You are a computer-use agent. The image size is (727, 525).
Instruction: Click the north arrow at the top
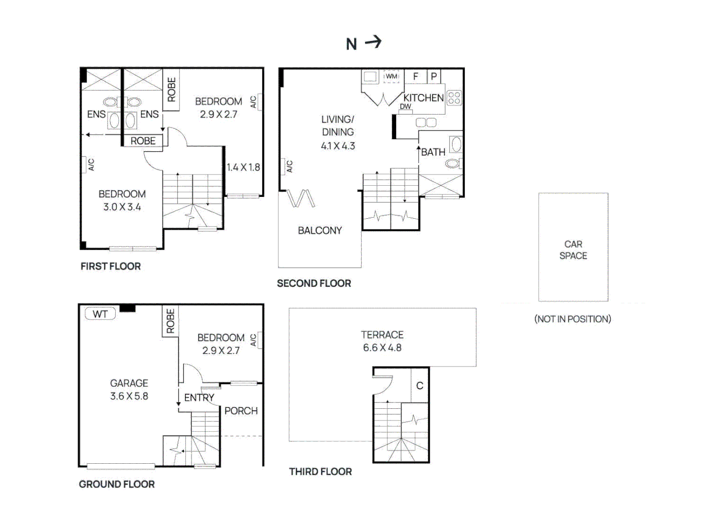coord(373,42)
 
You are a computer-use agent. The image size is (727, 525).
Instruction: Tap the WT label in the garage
coord(100,314)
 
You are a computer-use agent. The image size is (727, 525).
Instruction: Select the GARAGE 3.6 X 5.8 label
coord(129,390)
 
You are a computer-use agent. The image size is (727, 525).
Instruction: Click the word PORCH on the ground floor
coord(241,411)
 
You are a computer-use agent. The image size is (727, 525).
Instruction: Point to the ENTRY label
coord(199,398)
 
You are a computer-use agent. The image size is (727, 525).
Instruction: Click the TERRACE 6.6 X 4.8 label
coord(382,341)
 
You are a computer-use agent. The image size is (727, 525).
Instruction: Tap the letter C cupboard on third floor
coord(419,385)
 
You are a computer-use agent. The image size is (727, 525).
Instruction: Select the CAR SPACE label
coord(573,250)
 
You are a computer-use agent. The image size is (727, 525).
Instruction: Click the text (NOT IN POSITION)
coord(573,319)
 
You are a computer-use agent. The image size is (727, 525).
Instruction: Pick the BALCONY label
coord(320,230)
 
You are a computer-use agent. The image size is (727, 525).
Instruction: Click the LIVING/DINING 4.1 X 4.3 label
coord(338,132)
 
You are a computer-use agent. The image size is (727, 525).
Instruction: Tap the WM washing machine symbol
coord(391,76)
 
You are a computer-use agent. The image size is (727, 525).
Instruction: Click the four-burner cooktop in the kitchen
coord(454,98)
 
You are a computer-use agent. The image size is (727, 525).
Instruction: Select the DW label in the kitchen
coord(405,106)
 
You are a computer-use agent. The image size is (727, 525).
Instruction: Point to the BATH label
coord(433,152)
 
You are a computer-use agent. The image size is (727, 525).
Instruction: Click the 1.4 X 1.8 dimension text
coord(243,167)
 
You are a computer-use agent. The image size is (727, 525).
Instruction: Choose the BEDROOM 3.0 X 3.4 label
coord(122,200)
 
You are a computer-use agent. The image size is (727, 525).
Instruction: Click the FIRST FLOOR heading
coord(110,266)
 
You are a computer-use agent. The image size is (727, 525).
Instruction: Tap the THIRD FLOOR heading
coord(320,472)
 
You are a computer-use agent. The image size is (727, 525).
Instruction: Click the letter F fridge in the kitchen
coord(416,76)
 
